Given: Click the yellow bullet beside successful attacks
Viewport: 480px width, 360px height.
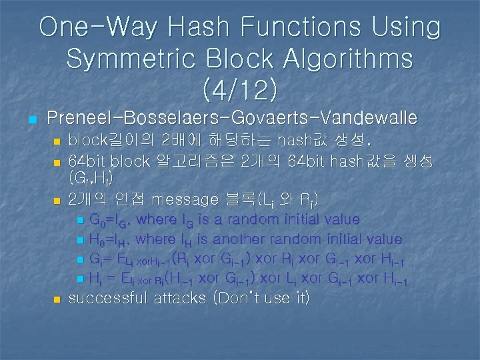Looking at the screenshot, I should (56, 299).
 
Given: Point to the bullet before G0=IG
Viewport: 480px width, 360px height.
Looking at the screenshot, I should (81, 221).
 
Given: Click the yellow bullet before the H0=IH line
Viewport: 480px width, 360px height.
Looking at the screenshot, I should (81, 240).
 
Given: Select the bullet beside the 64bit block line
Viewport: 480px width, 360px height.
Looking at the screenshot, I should (56, 163).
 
